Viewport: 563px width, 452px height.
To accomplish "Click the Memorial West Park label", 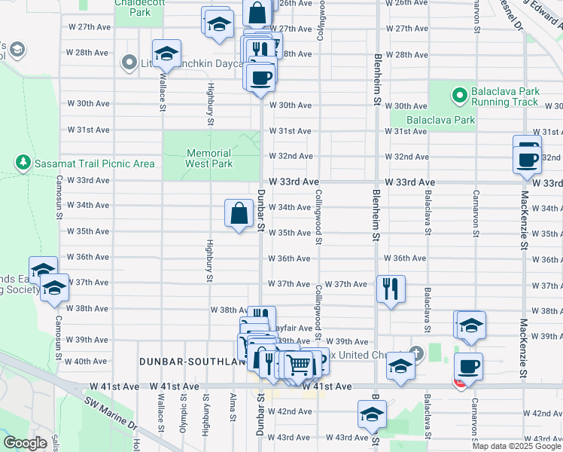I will (208, 157).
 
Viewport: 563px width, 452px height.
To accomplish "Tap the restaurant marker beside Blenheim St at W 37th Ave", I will (391, 289).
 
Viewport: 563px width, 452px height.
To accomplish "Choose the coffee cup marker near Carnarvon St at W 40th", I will (469, 366).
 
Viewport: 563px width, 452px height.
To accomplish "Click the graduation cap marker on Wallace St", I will (166, 53).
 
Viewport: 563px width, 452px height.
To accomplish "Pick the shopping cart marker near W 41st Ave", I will (299, 365).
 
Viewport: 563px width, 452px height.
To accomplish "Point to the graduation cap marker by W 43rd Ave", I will (371, 415).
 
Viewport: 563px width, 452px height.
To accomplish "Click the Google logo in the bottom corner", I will (25, 443).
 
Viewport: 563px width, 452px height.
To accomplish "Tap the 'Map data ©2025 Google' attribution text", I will (516, 446).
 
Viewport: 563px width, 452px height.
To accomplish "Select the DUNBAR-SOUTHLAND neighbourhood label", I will (193, 362).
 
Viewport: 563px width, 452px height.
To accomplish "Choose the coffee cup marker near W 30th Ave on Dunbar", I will (260, 77).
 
